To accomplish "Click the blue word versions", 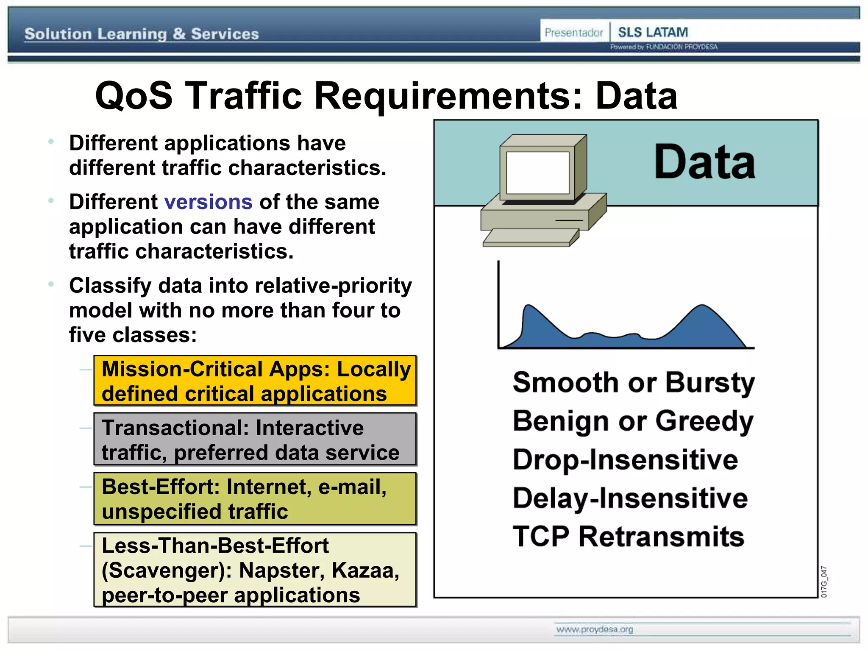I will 208,202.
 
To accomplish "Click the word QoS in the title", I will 134,96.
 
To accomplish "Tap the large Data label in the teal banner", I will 704,162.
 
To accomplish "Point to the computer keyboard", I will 531,238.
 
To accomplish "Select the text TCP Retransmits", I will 628,537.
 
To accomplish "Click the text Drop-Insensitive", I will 625,460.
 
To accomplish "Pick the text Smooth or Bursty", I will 634,383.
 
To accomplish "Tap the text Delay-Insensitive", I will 630,498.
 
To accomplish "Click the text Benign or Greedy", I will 633,421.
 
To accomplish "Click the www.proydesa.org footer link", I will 595,629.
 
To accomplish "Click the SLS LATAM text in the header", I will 653,32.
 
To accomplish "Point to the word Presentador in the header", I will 573,33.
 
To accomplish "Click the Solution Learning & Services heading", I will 142,34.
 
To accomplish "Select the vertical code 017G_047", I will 823,581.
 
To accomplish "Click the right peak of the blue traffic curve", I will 702,307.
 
